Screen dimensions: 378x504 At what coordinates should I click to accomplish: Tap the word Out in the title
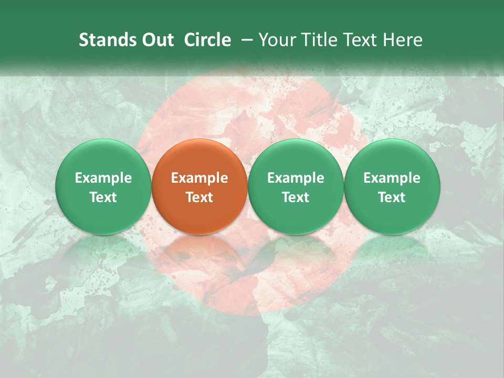point(156,40)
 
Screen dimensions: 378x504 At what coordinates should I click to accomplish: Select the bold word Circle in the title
point(207,40)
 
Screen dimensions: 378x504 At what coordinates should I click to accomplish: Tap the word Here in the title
point(404,40)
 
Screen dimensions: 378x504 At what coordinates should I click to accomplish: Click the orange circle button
point(199,187)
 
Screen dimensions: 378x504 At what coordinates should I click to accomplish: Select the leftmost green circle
point(103,187)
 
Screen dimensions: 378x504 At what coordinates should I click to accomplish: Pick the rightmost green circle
point(392,187)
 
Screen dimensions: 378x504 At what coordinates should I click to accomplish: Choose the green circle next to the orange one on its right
point(296,187)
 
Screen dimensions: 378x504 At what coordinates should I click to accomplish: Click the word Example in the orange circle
point(199,178)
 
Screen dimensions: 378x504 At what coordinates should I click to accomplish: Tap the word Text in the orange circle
point(199,197)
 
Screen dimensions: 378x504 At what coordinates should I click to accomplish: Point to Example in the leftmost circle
point(103,178)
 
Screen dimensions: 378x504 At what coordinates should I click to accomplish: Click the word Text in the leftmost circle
point(103,197)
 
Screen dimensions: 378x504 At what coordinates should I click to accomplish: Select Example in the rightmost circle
point(392,178)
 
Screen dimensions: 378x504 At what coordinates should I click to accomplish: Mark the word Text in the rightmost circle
point(392,197)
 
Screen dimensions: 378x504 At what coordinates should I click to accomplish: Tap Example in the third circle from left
point(296,178)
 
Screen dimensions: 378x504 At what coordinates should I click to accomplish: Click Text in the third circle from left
point(296,197)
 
